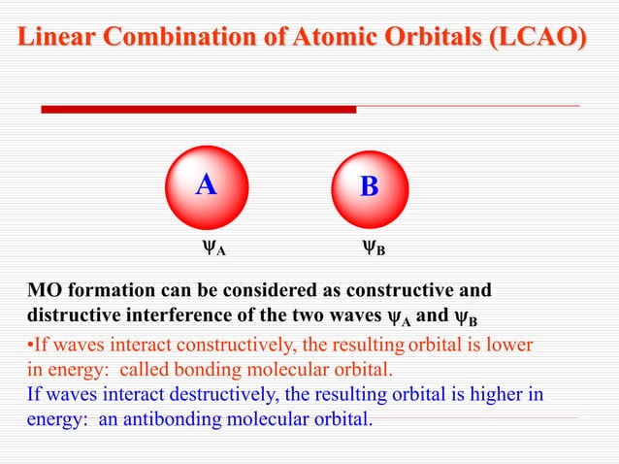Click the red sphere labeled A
pyautogui.click(x=206, y=186)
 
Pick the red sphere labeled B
pyautogui.click(x=369, y=187)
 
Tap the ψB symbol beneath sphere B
pyautogui.click(x=373, y=249)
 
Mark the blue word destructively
pyautogui.click(x=205, y=396)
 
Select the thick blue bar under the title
pyautogui.click(x=194, y=109)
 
